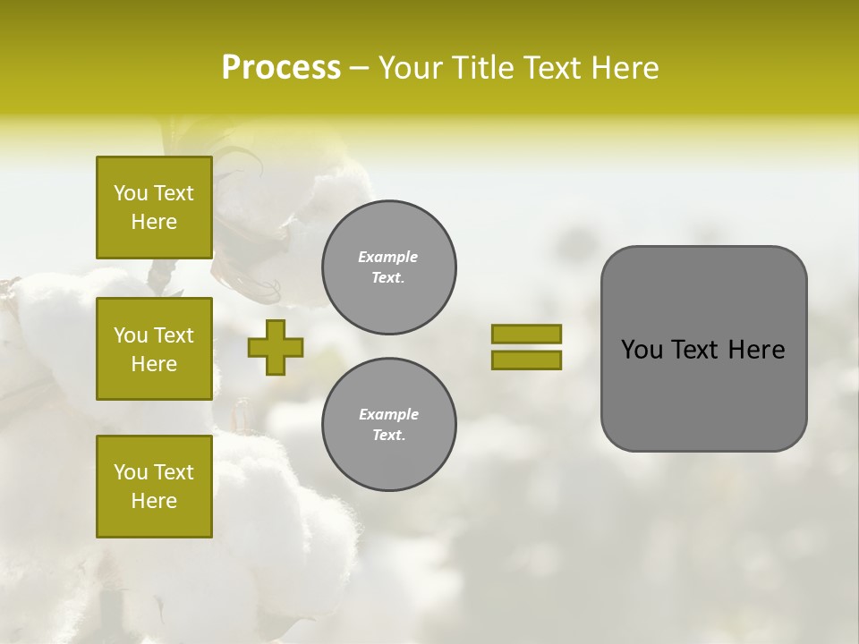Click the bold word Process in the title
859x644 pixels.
pyautogui.click(x=281, y=68)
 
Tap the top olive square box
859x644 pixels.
pyautogui.click(x=154, y=208)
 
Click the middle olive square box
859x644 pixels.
pyautogui.click(x=154, y=349)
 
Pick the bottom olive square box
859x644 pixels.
pyautogui.click(x=154, y=486)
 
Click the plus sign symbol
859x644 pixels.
pyautogui.click(x=276, y=347)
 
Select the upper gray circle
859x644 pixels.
pyautogui.click(x=388, y=267)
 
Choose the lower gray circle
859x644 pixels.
pyautogui.click(x=388, y=425)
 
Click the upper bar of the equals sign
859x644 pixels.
pyautogui.click(x=526, y=334)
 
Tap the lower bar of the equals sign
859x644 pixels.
pyautogui.click(x=526, y=360)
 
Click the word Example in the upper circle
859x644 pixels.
pyautogui.click(x=388, y=258)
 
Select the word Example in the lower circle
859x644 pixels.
pyautogui.click(x=388, y=414)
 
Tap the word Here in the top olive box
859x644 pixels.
pyautogui.click(x=154, y=222)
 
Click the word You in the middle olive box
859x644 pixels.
pyautogui.click(x=129, y=335)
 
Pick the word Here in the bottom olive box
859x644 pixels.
pyautogui.click(x=154, y=501)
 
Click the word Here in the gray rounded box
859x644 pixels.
pyautogui.click(x=756, y=350)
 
